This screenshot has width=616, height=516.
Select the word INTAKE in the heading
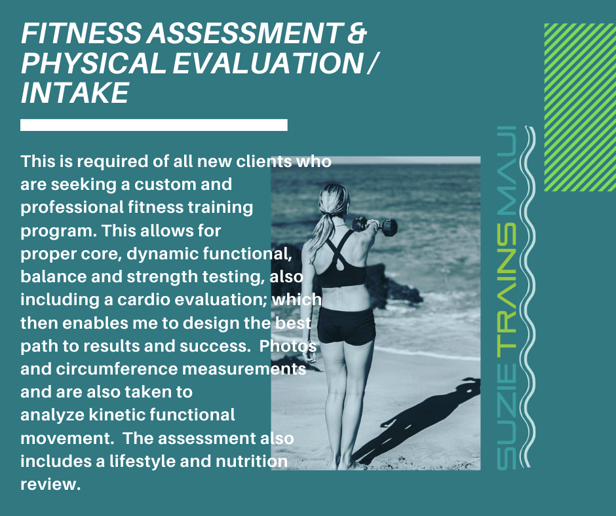[75, 93]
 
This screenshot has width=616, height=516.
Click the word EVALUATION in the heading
[268, 64]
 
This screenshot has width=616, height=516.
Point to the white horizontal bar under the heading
[153, 125]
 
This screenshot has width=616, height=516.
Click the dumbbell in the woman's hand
[375, 227]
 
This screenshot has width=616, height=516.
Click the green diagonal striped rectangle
[580, 107]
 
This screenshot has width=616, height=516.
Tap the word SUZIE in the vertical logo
[507, 416]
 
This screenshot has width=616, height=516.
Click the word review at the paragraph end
[50, 484]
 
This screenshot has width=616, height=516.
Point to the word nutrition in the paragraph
[252, 461]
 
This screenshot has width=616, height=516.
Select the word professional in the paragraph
[72, 208]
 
